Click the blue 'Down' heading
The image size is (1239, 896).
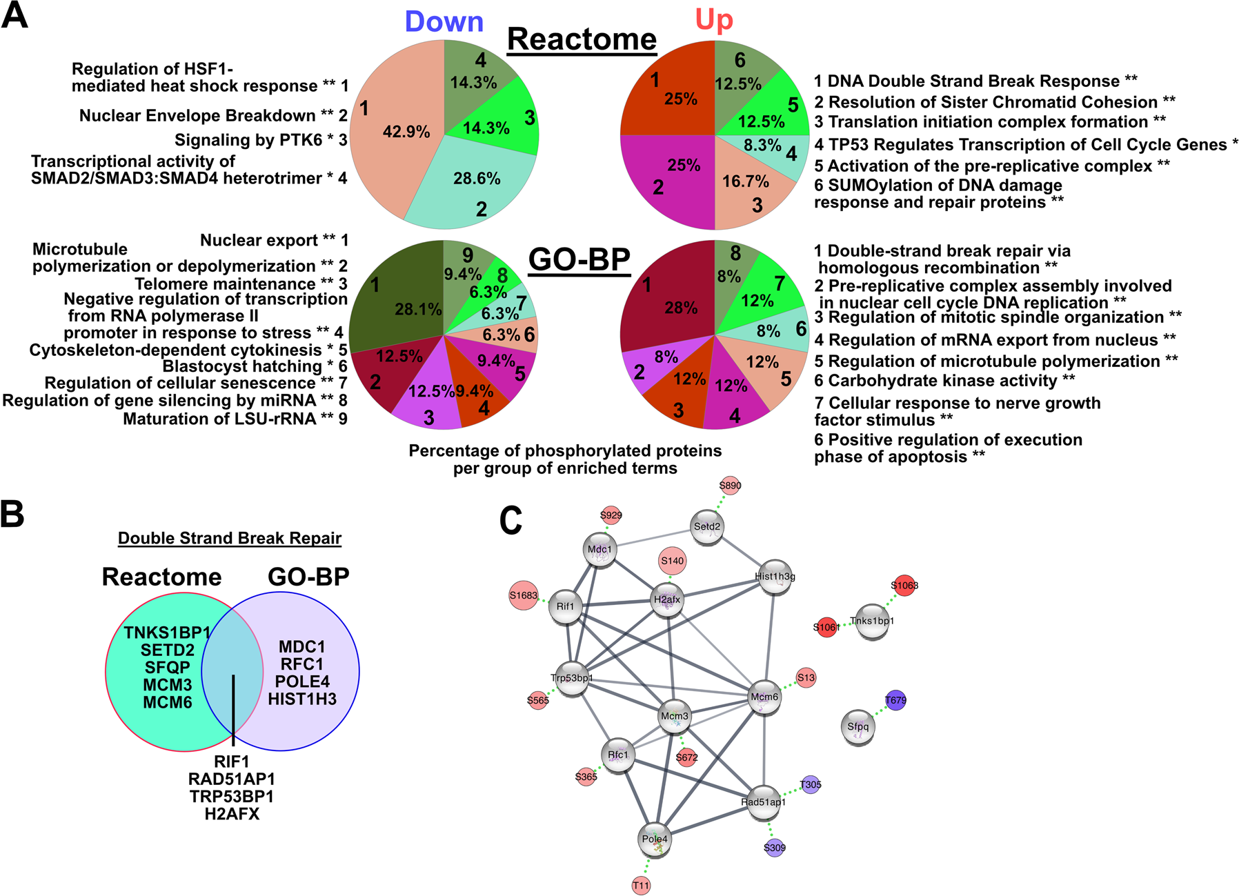click(x=444, y=22)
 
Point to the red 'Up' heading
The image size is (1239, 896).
click(x=713, y=21)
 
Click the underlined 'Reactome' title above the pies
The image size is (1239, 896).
click(x=582, y=40)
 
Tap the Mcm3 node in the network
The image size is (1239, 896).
click(x=674, y=717)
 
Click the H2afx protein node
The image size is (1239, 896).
click(x=667, y=600)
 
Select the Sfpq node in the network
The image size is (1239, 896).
click(x=858, y=727)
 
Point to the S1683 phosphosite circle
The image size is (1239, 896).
click(x=524, y=596)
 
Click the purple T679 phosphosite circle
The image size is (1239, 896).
click(x=895, y=701)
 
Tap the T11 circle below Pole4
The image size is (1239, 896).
click(x=641, y=886)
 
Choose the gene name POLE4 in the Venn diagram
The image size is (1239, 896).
click(x=302, y=681)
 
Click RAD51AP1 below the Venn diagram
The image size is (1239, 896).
click(x=232, y=779)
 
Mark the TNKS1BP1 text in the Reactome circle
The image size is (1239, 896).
click(x=167, y=633)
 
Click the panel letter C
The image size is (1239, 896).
click(x=511, y=522)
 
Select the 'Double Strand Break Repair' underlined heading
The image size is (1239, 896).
click(x=230, y=539)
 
